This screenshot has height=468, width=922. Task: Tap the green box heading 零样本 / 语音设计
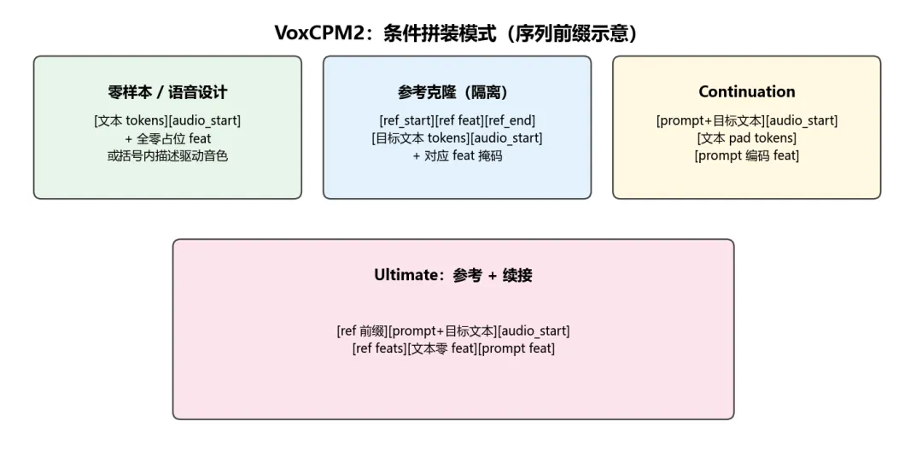(167, 92)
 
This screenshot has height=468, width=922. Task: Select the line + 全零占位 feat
(167, 138)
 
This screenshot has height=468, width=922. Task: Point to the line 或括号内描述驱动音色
(167, 156)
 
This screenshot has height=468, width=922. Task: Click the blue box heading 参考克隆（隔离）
(457, 92)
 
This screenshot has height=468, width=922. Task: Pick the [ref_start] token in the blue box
(405, 120)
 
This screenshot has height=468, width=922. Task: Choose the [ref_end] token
(510, 120)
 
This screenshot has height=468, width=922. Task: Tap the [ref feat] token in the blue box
(458, 120)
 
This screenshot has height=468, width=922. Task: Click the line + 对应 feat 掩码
(457, 156)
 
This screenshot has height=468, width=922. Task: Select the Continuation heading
(746, 92)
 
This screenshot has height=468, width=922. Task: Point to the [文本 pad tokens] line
(746, 138)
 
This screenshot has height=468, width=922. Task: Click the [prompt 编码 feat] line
(746, 156)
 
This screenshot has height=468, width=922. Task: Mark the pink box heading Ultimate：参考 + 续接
(452, 275)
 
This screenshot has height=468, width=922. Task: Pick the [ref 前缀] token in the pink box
(362, 331)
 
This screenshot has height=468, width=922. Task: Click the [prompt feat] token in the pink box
(516, 349)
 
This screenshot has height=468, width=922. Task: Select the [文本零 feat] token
(441, 349)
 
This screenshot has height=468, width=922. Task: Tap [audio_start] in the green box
(205, 120)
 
